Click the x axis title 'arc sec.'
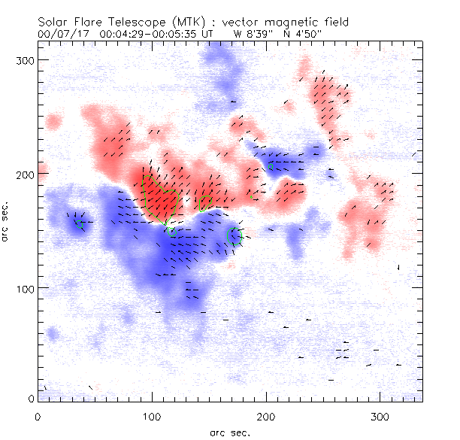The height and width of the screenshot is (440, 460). (x=229, y=432)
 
